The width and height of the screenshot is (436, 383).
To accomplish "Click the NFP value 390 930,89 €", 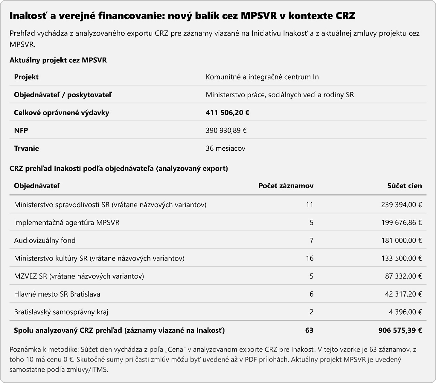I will (226, 130).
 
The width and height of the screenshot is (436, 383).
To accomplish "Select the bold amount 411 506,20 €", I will (228, 113).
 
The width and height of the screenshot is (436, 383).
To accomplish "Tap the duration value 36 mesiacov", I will (225, 148).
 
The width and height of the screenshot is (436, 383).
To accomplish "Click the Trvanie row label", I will (27, 148).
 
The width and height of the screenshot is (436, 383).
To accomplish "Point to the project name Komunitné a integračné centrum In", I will (262, 77).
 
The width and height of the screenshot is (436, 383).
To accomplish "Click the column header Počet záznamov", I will (286, 186).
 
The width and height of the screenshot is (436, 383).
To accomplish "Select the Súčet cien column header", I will (404, 186).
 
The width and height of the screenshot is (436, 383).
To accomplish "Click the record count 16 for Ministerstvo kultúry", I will (309, 258).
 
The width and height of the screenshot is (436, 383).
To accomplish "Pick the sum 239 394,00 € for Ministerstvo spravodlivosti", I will (401, 205).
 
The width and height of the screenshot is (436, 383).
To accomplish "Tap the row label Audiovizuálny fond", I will (45, 240).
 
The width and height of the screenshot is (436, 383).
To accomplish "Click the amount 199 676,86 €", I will (401, 222).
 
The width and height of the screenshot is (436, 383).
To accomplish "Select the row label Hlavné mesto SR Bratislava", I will (57, 294).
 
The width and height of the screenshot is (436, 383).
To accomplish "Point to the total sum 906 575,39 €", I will (400, 330).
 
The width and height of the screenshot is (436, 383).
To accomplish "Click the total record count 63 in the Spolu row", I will (309, 330).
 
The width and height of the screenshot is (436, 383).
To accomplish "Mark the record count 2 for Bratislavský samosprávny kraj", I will (311, 312).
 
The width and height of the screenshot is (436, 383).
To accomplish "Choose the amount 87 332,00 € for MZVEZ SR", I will (403, 276).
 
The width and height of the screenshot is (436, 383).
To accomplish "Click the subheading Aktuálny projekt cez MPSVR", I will (58, 60).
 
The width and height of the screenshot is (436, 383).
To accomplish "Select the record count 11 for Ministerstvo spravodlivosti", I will (309, 205).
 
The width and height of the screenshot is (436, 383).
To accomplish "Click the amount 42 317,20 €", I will (403, 294).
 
